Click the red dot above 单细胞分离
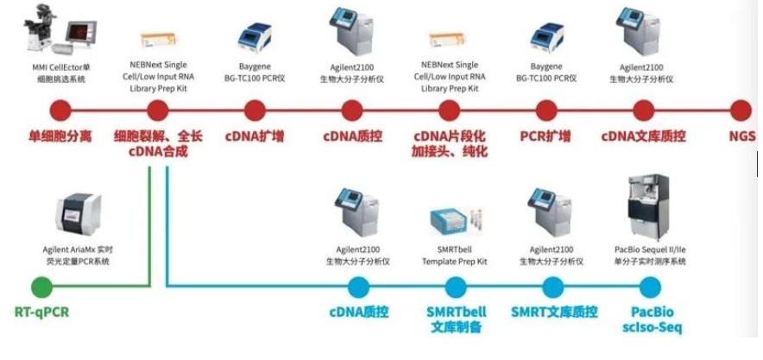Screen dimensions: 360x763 (60, 111)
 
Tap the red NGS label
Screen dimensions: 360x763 (742, 136)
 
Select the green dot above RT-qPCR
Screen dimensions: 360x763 (41, 286)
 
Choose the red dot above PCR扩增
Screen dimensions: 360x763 (545, 111)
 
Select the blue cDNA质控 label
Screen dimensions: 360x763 (356, 311)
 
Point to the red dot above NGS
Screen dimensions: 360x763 (741, 111)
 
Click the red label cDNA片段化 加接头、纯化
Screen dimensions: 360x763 (450, 143)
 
